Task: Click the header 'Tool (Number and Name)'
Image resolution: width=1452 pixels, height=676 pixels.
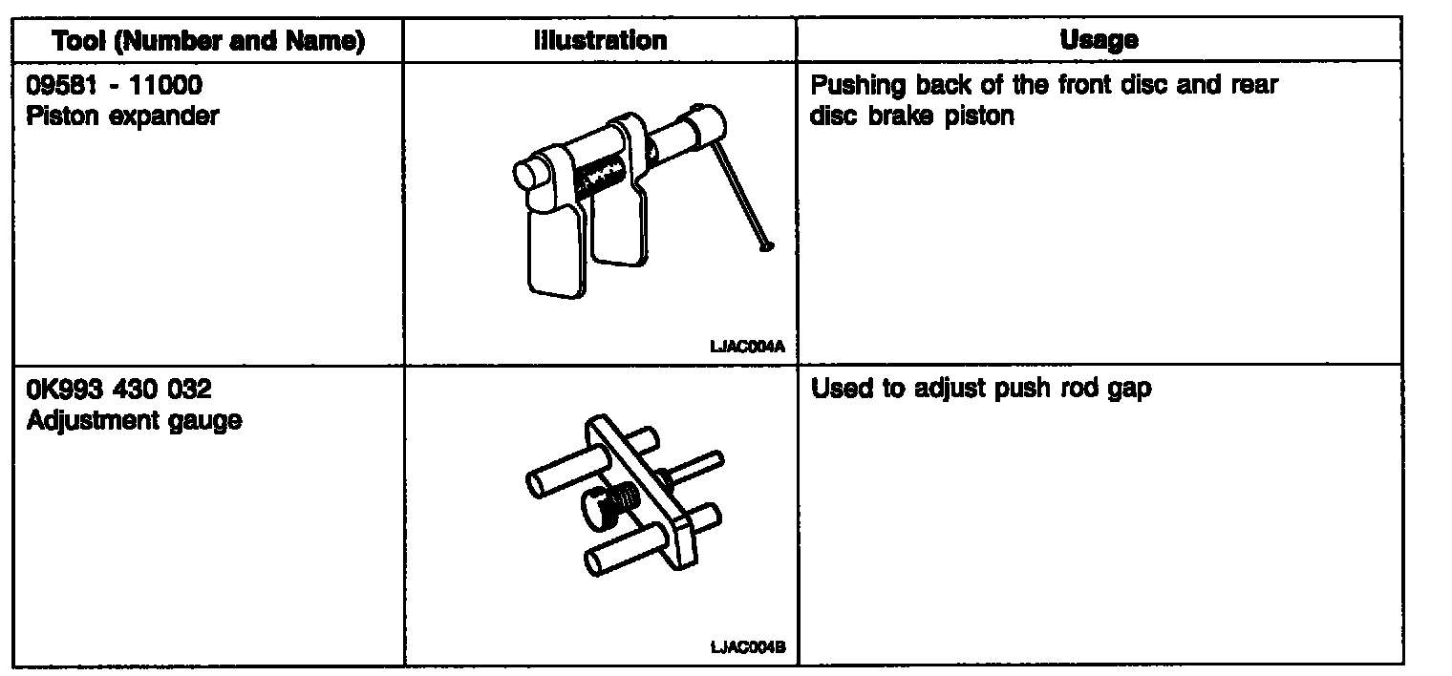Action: coord(208,41)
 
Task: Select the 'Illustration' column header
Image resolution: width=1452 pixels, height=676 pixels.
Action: coord(600,41)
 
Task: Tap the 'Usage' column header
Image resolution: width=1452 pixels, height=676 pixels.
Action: coord(1099,41)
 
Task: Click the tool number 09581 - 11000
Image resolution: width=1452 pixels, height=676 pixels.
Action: coord(115,87)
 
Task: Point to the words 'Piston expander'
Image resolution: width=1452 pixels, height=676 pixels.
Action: coord(123,116)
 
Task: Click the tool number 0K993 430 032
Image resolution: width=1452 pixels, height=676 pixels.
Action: coord(119,391)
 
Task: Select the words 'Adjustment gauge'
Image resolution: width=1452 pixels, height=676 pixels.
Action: coord(134,420)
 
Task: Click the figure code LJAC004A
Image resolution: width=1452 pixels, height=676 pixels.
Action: coord(748,348)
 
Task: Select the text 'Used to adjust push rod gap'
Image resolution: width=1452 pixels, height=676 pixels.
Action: coord(981,391)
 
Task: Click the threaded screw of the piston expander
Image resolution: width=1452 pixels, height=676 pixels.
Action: coord(599,177)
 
